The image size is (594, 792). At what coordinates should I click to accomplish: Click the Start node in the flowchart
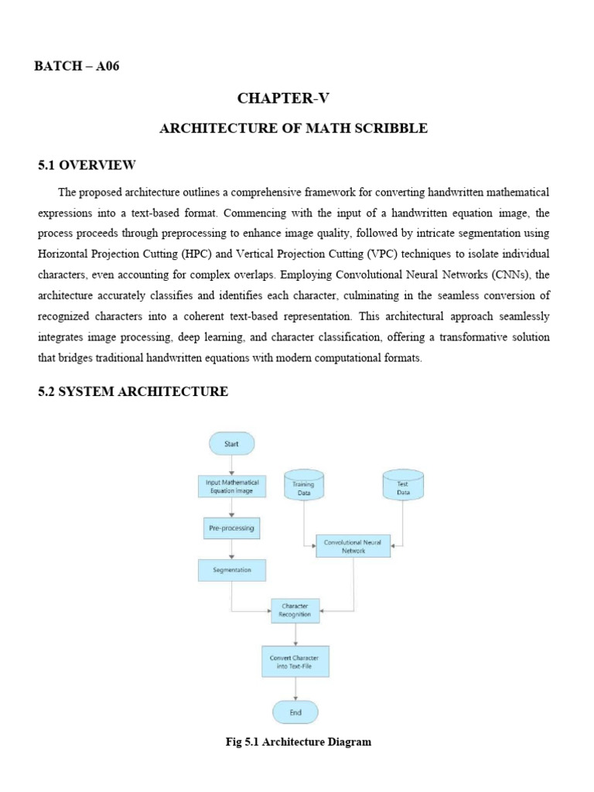tap(231, 444)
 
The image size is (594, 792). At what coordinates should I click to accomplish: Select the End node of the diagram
tap(295, 712)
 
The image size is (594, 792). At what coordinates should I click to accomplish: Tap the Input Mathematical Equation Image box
tap(231, 486)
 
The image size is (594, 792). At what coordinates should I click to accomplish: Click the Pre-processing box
tap(231, 529)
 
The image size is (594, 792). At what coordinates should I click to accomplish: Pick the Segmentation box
tap(231, 572)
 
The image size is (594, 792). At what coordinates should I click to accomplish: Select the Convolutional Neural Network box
tap(353, 546)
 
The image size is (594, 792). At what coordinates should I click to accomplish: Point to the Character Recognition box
tap(295, 610)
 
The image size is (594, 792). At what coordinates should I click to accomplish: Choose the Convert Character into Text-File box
tap(295, 662)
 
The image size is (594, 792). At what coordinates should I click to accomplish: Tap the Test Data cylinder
tap(403, 486)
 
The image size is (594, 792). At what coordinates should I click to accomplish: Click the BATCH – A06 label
tap(77, 67)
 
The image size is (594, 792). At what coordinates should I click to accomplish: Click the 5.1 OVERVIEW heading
tap(87, 166)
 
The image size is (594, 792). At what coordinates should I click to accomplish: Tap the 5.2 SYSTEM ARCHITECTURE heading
tap(133, 392)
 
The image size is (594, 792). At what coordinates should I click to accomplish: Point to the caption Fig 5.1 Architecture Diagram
tap(298, 742)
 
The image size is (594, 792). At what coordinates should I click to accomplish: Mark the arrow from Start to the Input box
tap(231, 465)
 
